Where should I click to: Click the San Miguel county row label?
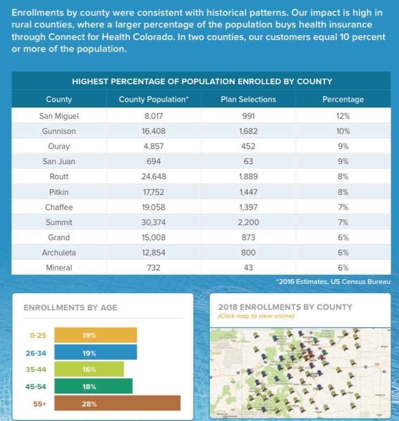59,116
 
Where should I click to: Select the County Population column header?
154,99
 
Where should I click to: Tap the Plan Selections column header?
248,99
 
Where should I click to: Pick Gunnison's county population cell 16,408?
154,131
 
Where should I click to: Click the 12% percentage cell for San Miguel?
343,116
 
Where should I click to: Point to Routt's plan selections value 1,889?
248,176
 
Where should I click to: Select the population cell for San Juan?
154,161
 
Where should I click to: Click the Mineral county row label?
59,268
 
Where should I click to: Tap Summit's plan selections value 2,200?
248,222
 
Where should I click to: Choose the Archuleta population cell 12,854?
154,253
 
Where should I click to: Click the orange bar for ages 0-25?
96,335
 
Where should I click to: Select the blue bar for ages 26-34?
96,352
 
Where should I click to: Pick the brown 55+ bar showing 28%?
117,403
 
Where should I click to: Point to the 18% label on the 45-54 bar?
89,386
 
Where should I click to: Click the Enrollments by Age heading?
70,308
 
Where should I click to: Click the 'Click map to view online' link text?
256,316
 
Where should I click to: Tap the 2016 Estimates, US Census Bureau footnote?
333,282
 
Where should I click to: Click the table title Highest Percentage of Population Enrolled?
202,82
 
